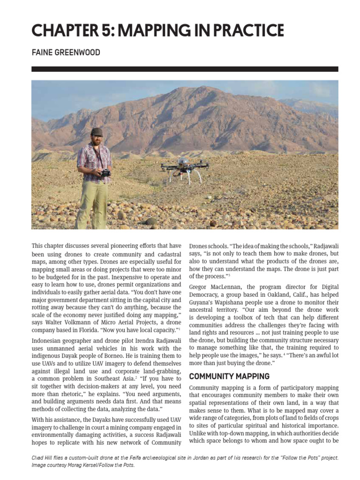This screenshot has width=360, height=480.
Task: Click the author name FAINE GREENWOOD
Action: (x=66, y=52)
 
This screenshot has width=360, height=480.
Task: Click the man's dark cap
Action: (x=97, y=132)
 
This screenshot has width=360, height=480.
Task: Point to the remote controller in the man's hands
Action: (x=105, y=172)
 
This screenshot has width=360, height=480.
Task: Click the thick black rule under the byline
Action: (x=185, y=69)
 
